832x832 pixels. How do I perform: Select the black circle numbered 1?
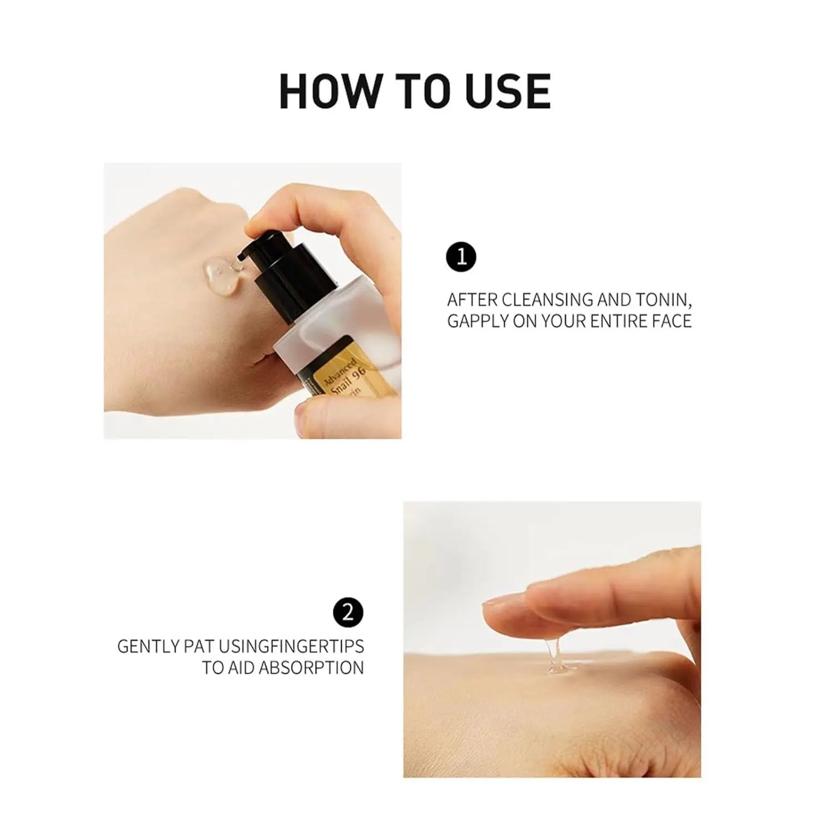(461, 256)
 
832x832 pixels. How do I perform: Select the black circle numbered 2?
(348, 612)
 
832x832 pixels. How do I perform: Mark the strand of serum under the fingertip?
(553, 656)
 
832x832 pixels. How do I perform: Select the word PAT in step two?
(199, 646)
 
